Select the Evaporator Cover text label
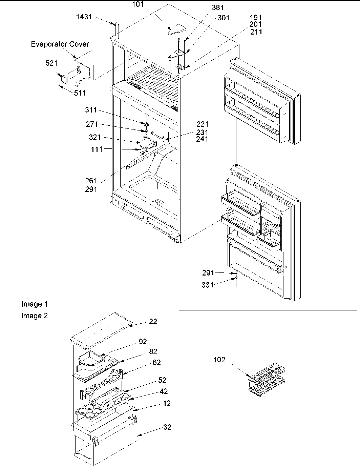point(60,44)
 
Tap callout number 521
point(51,63)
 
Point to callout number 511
point(80,93)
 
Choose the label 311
point(91,110)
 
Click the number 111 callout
point(97,149)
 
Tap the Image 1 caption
point(32,304)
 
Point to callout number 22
point(153,321)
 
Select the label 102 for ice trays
point(219,360)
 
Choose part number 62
point(156,362)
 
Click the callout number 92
point(143,341)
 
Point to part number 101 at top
point(138,4)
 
